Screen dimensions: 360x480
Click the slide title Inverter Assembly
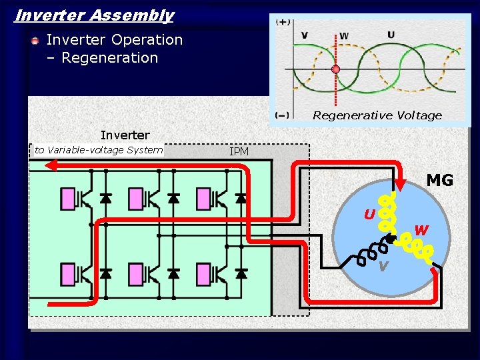point(94,15)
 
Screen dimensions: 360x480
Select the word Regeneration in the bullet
point(109,58)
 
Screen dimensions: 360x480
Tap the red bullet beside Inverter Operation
point(35,41)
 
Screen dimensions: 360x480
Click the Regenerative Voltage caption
point(377,115)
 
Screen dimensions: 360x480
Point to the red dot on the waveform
point(336,69)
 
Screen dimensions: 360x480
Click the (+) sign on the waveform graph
point(283,22)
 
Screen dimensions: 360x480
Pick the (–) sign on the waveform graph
point(283,115)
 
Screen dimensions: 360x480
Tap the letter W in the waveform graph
point(344,35)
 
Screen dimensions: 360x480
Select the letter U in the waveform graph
point(391,34)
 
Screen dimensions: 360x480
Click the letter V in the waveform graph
point(305,35)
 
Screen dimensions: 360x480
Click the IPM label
point(239,152)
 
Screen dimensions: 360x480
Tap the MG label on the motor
point(439,181)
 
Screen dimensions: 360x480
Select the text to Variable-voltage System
point(99,150)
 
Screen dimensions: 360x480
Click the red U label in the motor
point(369,215)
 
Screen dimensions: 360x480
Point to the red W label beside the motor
point(421,231)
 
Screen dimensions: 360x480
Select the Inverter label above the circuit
point(125,135)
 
